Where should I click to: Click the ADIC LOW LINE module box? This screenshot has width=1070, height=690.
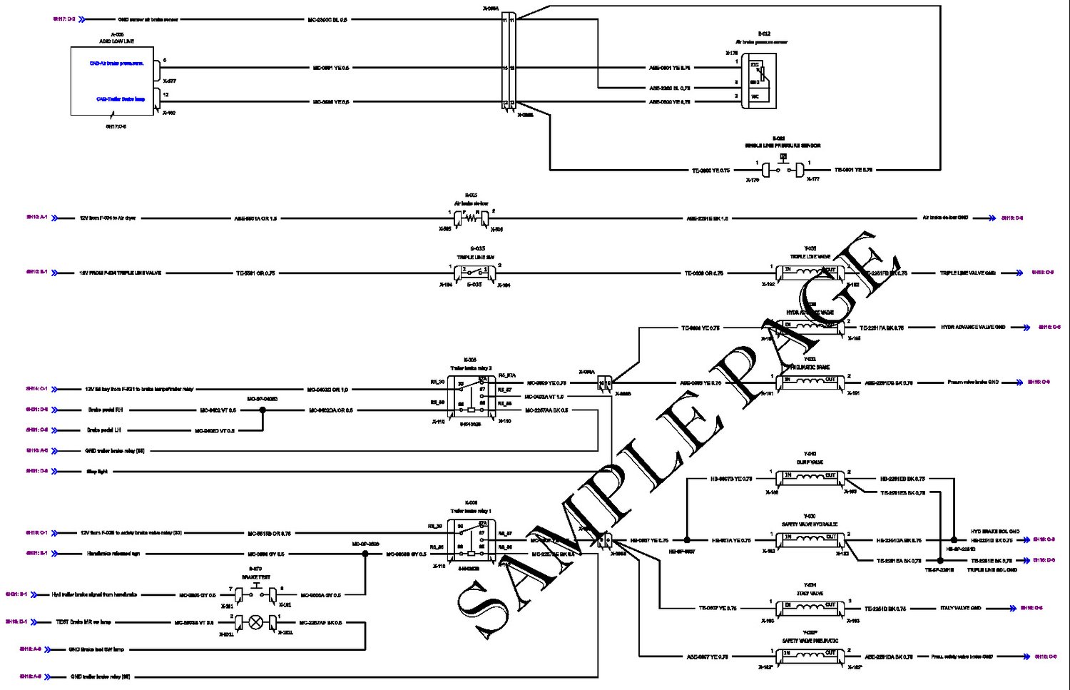[x=113, y=81]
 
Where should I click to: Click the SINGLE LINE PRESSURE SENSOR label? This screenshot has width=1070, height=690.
[x=783, y=146]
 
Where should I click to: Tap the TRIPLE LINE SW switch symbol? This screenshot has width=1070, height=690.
[x=474, y=273]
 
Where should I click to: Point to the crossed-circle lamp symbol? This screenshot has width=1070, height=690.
[x=255, y=622]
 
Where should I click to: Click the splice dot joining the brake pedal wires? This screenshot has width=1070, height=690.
[x=263, y=410]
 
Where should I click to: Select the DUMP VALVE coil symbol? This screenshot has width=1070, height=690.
[x=810, y=476]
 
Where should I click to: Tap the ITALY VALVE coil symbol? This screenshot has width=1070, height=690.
[x=810, y=607]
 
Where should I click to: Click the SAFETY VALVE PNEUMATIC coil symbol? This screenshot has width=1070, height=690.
[x=810, y=655]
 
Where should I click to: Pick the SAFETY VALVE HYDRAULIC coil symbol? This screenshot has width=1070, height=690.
[x=810, y=539]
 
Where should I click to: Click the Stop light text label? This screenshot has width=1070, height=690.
[x=97, y=472]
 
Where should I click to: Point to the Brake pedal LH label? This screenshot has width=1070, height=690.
[x=104, y=430]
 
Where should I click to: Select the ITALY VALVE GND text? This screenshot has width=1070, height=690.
[x=960, y=609]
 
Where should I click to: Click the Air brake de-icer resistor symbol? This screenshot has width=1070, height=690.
[x=471, y=217]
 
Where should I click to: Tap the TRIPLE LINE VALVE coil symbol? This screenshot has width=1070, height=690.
[x=810, y=272]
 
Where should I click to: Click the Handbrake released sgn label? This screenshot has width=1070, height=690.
[x=113, y=554]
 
